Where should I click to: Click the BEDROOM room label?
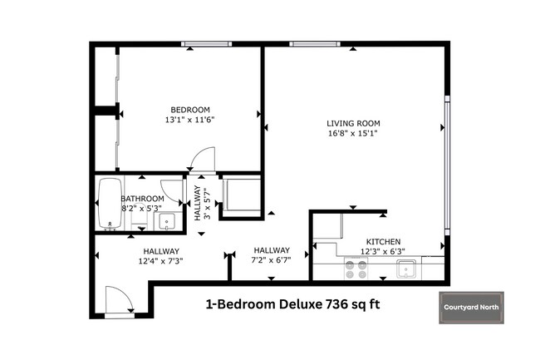pyautogui.click(x=190, y=110)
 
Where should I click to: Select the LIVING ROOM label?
pyautogui.click(x=353, y=123)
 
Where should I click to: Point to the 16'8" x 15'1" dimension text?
pyautogui.click(x=353, y=134)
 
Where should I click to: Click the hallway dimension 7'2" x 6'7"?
pyautogui.click(x=272, y=261)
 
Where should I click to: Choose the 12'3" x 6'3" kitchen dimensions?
pyautogui.click(x=381, y=250)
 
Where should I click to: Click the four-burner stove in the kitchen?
pyautogui.click(x=356, y=269)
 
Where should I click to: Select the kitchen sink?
pyautogui.click(x=406, y=268)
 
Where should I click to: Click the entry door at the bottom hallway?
pyautogui.click(x=117, y=300)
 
